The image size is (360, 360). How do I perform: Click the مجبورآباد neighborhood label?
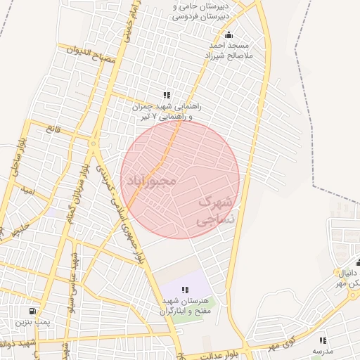150,180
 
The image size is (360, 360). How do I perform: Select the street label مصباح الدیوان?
89,56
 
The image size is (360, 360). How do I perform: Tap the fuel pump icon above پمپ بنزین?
32,311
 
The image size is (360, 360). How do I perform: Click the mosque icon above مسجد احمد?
228,35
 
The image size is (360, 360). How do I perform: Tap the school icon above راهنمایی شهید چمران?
166,95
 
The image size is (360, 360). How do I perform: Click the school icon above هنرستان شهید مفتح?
185,289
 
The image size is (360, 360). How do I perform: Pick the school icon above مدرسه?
323,340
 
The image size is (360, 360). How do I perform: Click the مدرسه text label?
323,349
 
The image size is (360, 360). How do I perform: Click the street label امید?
27,190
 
